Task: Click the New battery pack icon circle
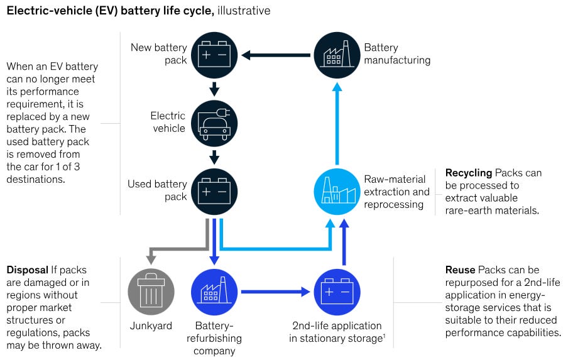click(x=214, y=55)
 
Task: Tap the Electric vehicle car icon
click(x=214, y=123)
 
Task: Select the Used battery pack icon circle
click(x=214, y=191)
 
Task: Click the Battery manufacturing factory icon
click(x=337, y=55)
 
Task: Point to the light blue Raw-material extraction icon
click(x=337, y=191)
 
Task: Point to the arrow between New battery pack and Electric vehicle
click(x=214, y=89)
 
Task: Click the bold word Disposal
click(x=28, y=270)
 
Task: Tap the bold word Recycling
click(x=468, y=173)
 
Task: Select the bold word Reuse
click(x=461, y=270)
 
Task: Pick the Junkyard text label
click(x=151, y=326)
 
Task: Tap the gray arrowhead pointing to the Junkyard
click(x=151, y=259)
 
